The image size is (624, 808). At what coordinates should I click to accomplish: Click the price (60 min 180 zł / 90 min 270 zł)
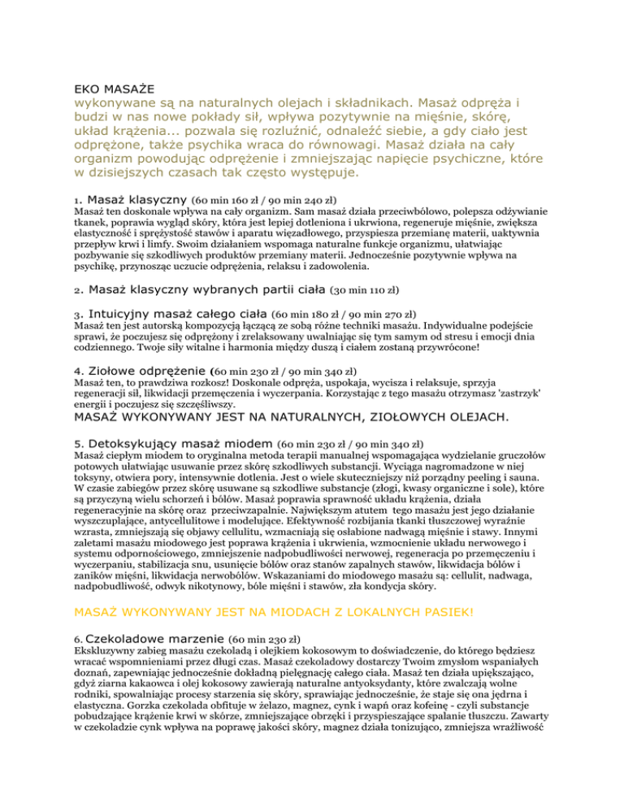coord(344,313)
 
